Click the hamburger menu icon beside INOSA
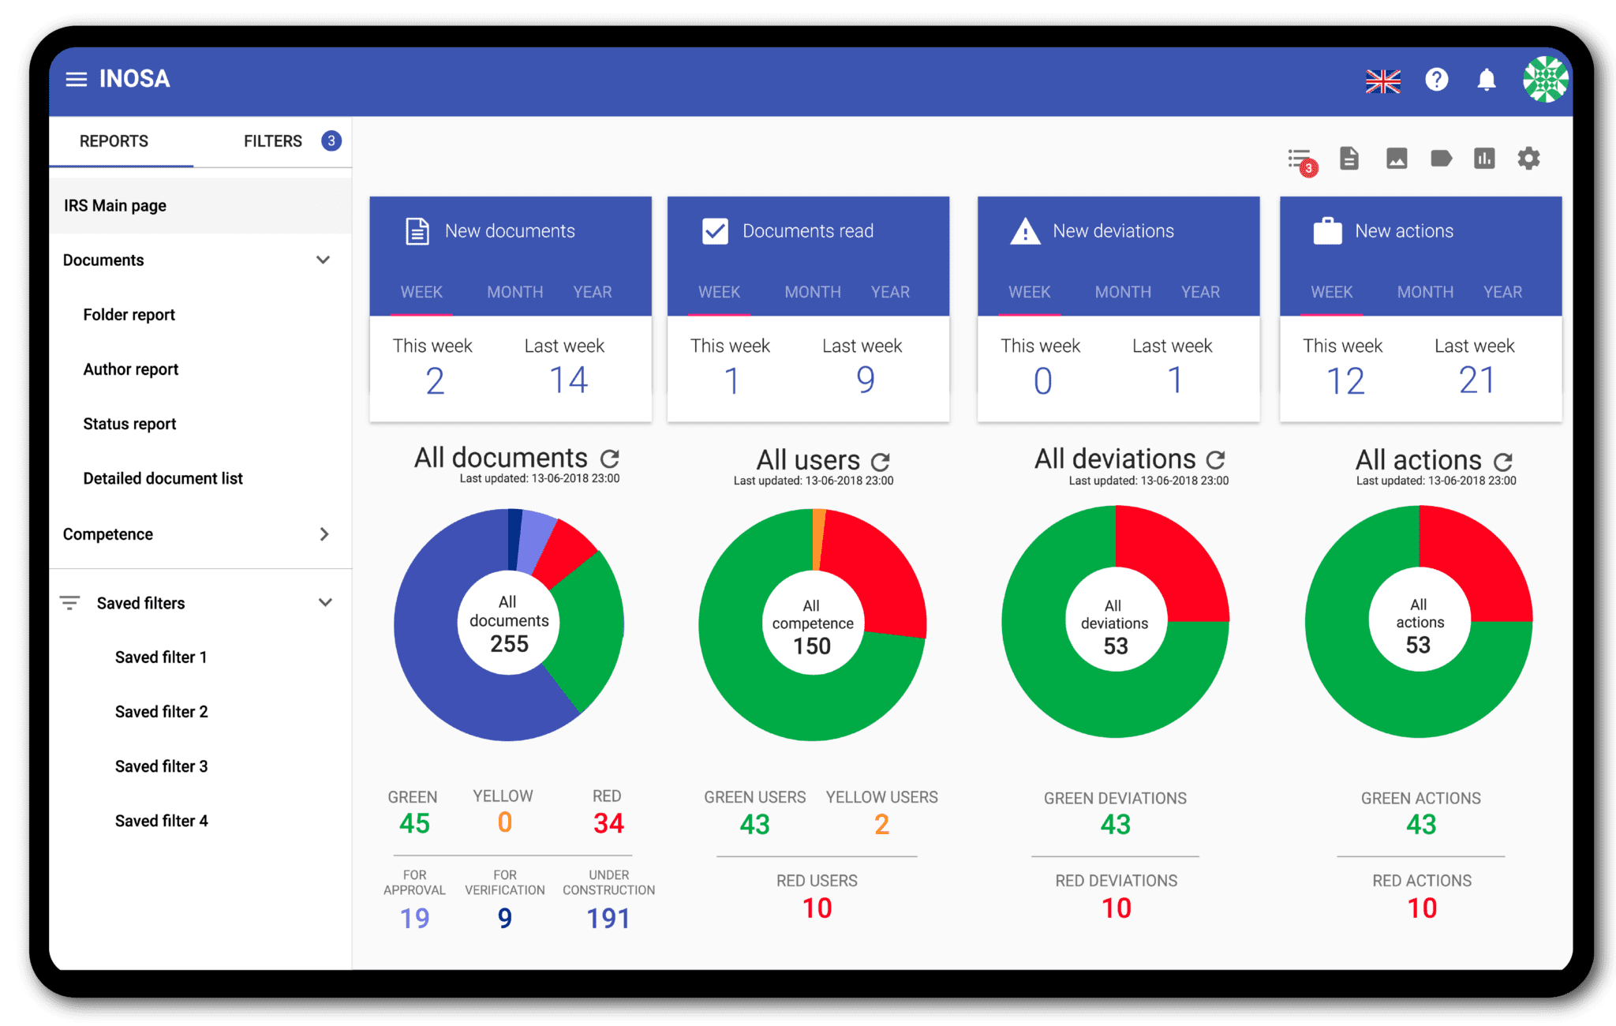(x=76, y=79)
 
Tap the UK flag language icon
(x=1382, y=81)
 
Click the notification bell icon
(x=1487, y=80)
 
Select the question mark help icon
(x=1436, y=80)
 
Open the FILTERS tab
(x=273, y=141)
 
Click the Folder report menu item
(x=129, y=315)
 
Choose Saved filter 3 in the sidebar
(x=161, y=766)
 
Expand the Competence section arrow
(x=324, y=534)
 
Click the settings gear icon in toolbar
(x=1528, y=159)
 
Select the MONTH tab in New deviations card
(x=1122, y=292)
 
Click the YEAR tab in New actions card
(x=1502, y=292)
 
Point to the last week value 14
(x=568, y=380)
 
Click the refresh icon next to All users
(x=881, y=461)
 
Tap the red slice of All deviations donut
(x=1168, y=560)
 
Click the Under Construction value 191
(x=608, y=919)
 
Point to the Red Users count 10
(x=817, y=908)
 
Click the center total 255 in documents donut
(x=509, y=644)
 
